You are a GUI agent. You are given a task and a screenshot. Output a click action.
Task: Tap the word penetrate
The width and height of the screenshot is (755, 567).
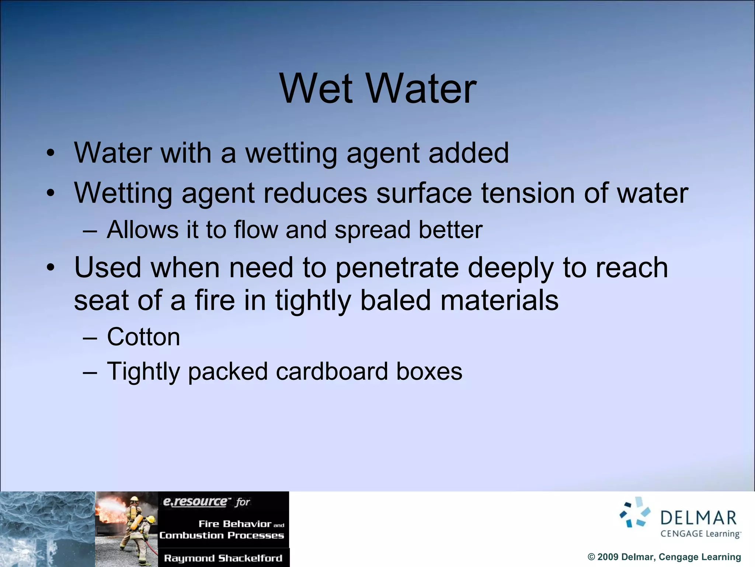click(397, 268)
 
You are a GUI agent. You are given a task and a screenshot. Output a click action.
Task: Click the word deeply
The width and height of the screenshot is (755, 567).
click(511, 268)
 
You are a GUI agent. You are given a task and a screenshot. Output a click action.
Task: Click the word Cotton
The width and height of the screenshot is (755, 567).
click(143, 337)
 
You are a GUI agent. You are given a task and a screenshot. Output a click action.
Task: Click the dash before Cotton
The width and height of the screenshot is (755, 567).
click(90, 337)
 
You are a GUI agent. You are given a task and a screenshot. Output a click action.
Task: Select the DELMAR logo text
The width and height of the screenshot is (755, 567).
click(698, 518)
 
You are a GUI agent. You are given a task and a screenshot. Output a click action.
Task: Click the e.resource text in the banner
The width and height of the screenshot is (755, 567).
click(195, 502)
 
